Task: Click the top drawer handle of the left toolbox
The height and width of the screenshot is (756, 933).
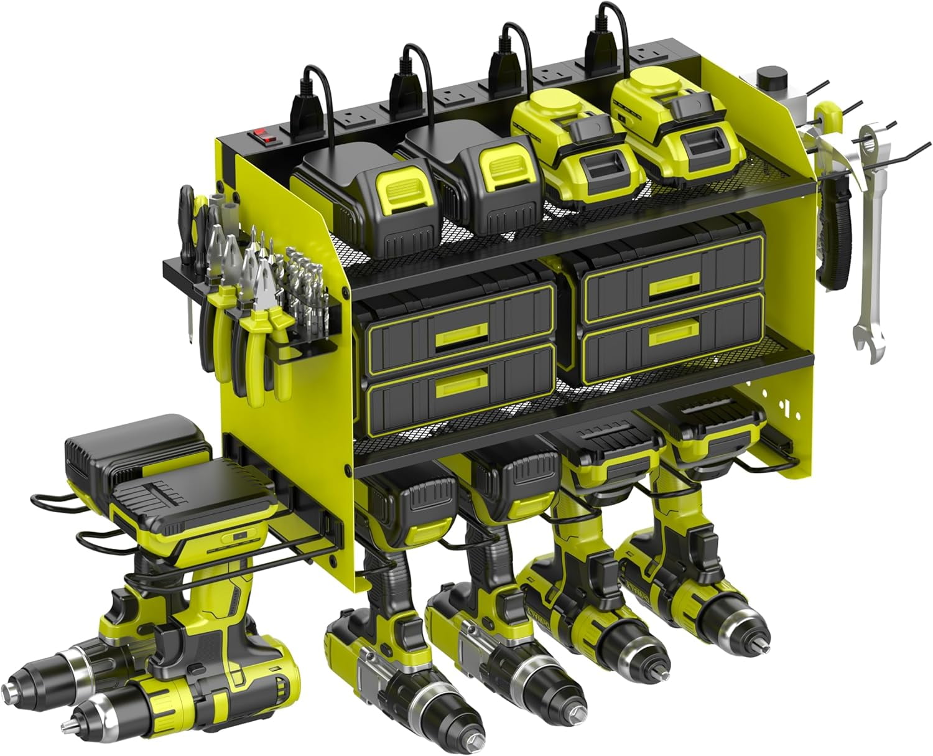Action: tap(459, 337)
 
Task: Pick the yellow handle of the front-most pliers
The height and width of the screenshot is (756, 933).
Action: tap(279, 361)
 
